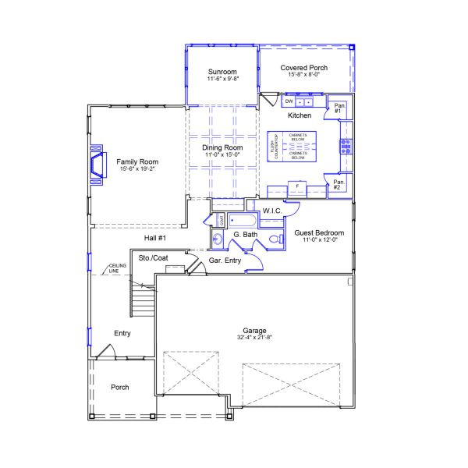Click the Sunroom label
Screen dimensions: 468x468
tap(222, 71)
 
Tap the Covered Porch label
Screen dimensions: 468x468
tap(304, 68)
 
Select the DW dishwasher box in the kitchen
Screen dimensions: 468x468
tap(289, 101)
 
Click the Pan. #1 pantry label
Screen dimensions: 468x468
tap(339, 108)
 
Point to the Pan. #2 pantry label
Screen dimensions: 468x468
tap(339, 186)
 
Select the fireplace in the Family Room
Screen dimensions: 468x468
tap(97, 166)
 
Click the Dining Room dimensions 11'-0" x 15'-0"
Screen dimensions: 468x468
tap(222, 155)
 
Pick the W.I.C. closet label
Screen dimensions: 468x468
tap(272, 211)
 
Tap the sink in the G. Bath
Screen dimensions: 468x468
tap(216, 239)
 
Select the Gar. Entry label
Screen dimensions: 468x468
tap(226, 261)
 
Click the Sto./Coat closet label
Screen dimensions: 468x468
tap(153, 257)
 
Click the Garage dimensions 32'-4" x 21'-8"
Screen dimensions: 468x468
tap(253, 338)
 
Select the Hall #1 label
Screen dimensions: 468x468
tap(155, 238)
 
